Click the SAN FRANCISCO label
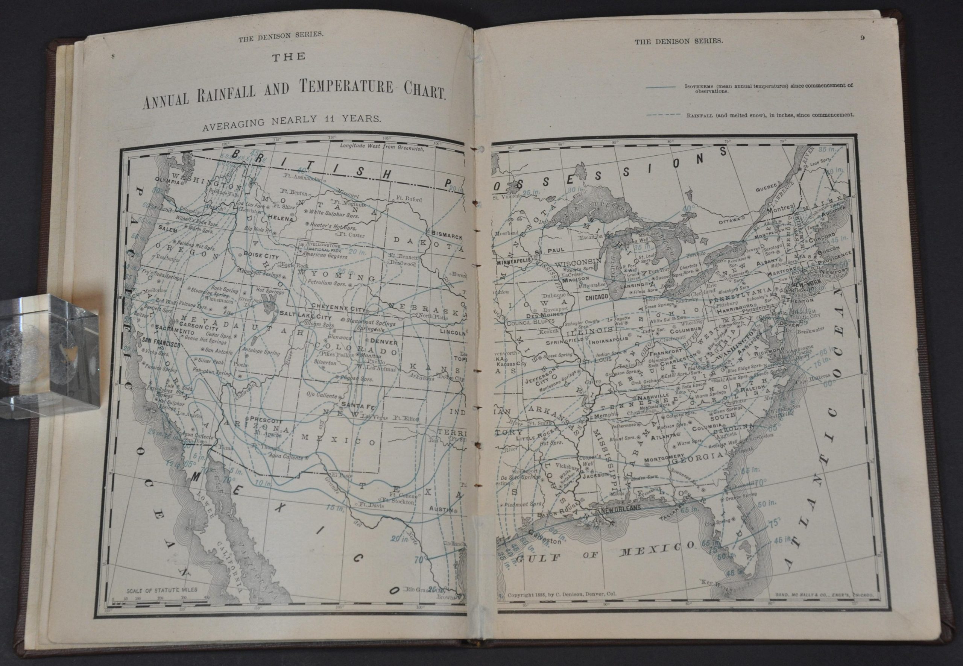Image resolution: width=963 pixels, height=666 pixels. tap(161, 345)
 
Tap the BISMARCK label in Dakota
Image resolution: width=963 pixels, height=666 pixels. tap(447, 237)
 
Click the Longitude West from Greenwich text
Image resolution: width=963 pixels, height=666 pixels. tap(381, 147)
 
